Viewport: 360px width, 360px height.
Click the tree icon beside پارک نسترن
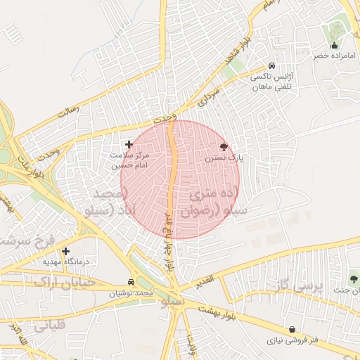(224, 147)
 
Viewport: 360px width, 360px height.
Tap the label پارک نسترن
(224, 159)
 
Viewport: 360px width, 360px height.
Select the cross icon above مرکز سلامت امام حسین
(129, 143)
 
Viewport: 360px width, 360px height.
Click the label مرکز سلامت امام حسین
(128, 160)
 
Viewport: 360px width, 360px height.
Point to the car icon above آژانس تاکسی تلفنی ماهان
(271, 66)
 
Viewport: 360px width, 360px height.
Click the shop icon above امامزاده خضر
(334, 46)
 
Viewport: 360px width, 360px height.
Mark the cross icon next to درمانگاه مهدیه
(66, 250)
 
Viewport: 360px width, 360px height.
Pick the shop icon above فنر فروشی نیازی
(291, 328)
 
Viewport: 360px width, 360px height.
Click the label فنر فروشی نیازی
(292, 340)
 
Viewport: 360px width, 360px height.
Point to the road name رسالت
(69, 112)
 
